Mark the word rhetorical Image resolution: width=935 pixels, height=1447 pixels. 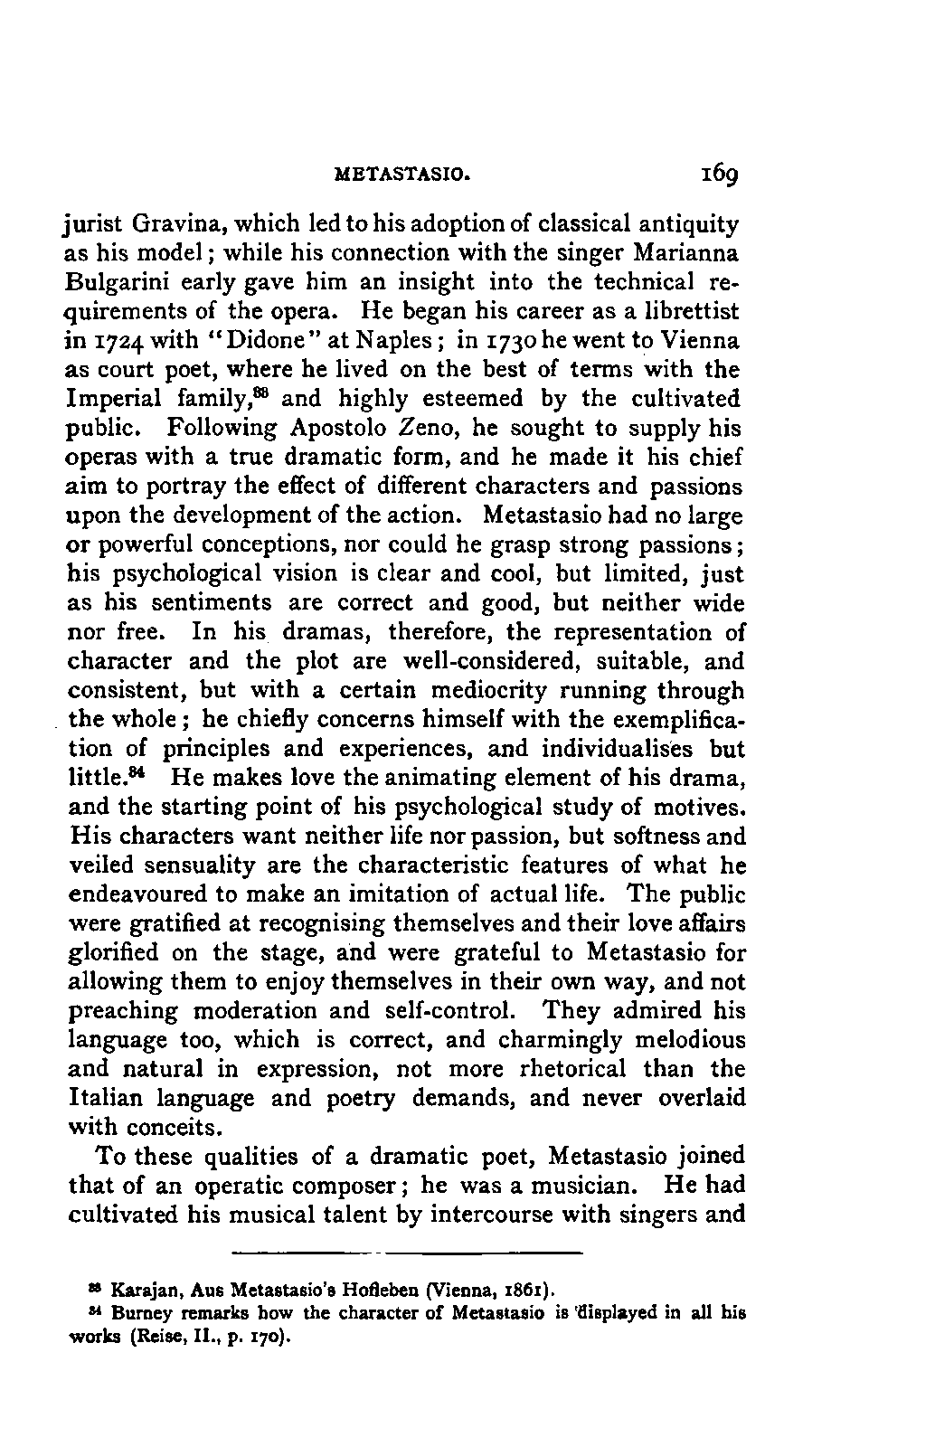click(574, 1070)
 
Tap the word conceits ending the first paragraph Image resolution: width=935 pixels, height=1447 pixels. click(187, 1129)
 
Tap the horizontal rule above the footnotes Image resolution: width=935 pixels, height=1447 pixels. click(405, 1253)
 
